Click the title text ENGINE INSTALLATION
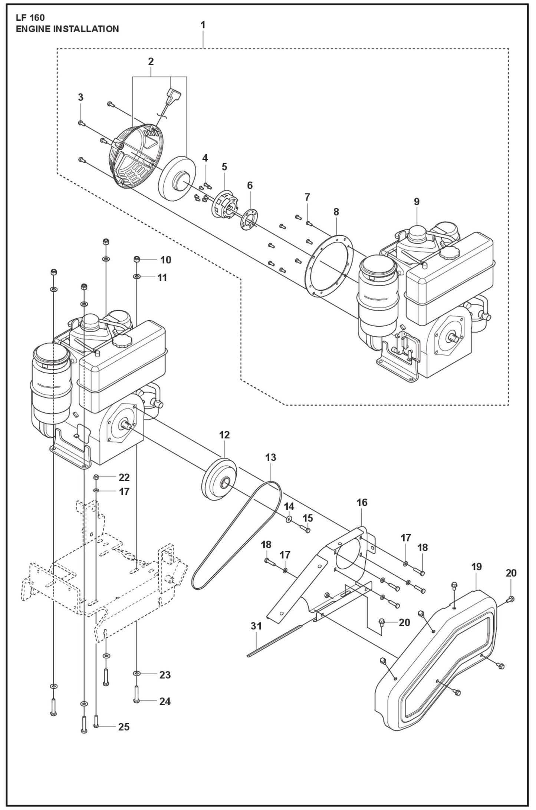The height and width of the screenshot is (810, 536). click(x=67, y=29)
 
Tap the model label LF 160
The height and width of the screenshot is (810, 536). click(x=30, y=17)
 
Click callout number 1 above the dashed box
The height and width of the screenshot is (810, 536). click(x=203, y=25)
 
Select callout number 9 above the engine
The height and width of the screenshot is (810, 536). click(x=417, y=202)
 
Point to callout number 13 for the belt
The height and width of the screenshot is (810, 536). click(x=271, y=457)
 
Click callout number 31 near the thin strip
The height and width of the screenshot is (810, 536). click(x=256, y=626)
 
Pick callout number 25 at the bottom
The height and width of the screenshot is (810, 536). click(x=124, y=727)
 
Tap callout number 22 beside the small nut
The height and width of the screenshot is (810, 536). click(x=124, y=477)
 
